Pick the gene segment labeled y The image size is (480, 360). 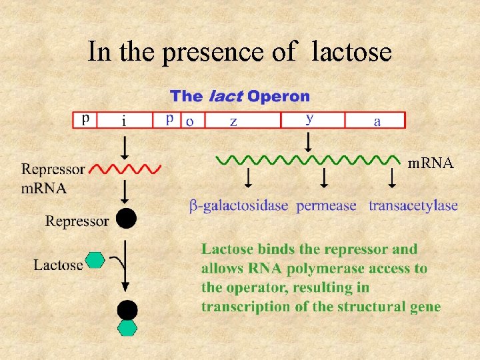[x=312, y=119]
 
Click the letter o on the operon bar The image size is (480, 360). [x=190, y=121]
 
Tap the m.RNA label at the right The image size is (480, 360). [x=431, y=163]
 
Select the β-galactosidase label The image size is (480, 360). [x=239, y=206]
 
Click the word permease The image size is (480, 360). [x=327, y=206]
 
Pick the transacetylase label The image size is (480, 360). [x=413, y=206]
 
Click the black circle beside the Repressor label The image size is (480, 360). [x=126, y=218]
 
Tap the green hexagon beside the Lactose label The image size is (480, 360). [x=96, y=260]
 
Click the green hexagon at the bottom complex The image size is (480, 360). [x=127, y=327]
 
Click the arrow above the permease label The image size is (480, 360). [x=324, y=178]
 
